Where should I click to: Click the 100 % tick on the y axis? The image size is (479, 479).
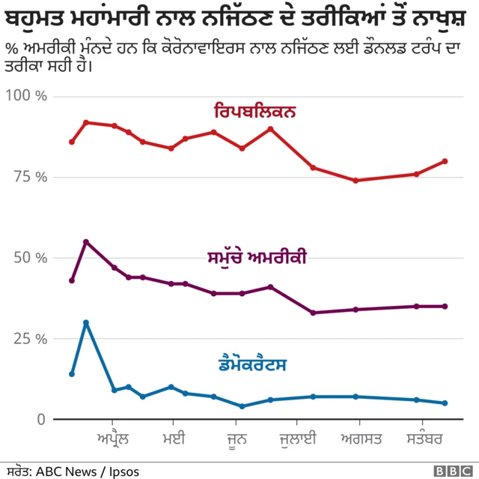click(26, 97)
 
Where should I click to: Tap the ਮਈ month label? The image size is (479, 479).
click(173, 437)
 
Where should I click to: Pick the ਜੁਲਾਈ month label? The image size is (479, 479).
click(299, 437)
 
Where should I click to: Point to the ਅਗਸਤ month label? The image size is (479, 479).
click(361, 437)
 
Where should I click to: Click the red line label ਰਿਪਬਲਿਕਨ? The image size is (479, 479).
click(254, 112)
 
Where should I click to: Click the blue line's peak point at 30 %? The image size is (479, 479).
click(86, 322)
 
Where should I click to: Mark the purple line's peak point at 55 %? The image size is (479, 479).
click(86, 241)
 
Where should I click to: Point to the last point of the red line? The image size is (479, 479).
click(445, 161)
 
